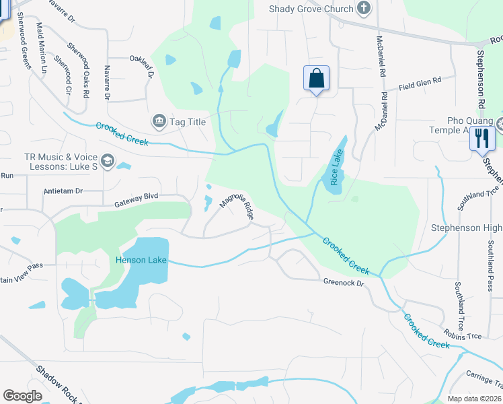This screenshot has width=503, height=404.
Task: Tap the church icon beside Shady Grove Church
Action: [x=364, y=9]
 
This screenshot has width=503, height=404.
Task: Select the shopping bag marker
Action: [x=316, y=79]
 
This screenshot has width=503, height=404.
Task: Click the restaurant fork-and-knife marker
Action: [x=482, y=138]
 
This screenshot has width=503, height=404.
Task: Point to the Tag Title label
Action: [x=188, y=122]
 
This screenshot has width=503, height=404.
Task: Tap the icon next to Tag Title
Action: [x=159, y=121]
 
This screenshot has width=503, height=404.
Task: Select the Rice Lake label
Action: [x=336, y=168]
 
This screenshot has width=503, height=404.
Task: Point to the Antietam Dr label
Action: [x=63, y=191]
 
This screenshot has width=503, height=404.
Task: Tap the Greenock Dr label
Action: [x=343, y=283]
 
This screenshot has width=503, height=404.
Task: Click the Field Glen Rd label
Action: [x=420, y=83]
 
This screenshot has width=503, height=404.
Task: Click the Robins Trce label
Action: [x=463, y=333]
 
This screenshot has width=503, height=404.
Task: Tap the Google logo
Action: [x=22, y=396]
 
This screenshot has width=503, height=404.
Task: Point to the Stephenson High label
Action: [x=467, y=228]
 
